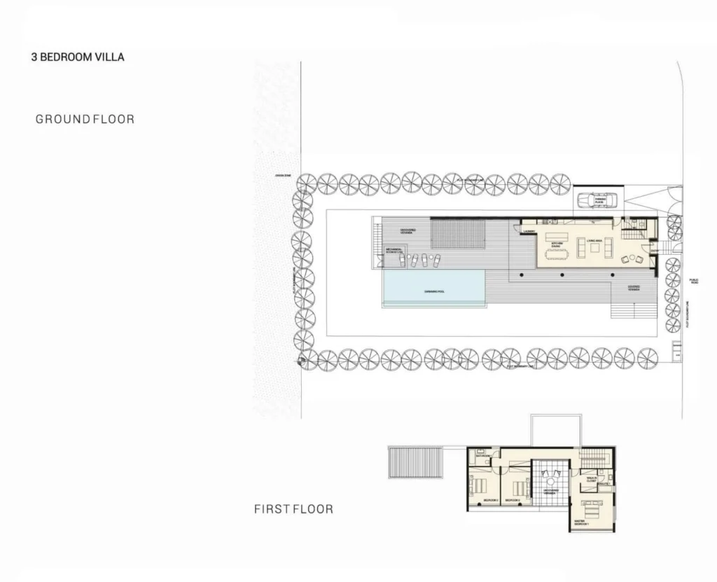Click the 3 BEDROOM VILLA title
[78, 57]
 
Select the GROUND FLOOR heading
[85, 119]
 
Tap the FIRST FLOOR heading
[293, 509]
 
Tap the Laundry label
[529, 231]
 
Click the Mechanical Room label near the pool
[393, 251]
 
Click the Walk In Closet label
[591, 480]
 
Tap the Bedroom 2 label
[519, 501]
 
